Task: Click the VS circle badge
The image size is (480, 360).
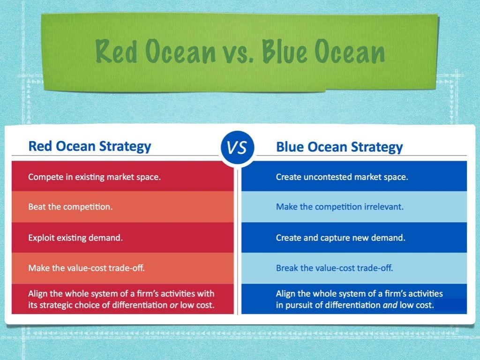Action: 237,148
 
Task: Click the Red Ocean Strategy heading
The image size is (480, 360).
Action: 90,146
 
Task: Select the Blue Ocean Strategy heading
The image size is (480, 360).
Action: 339,147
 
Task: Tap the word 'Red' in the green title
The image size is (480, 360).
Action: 117,52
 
